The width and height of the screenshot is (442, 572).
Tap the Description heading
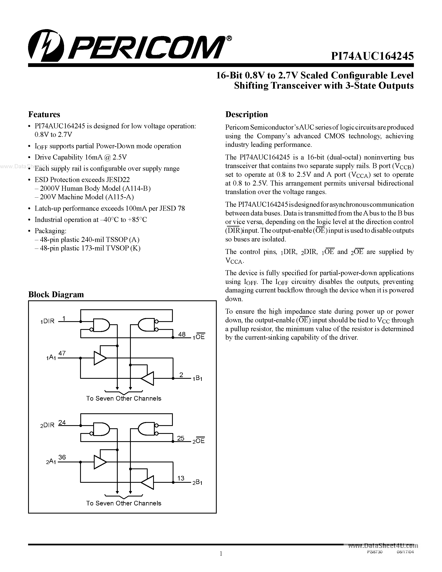pyautogui.click(x=246, y=114)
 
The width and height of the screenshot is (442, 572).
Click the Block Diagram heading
pyautogui.click(x=56, y=294)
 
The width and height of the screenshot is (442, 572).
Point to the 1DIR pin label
pyautogui.click(x=47, y=321)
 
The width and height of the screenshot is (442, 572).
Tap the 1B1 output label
pyautogui.click(x=197, y=378)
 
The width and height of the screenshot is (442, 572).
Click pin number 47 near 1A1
pyautogui.click(x=62, y=353)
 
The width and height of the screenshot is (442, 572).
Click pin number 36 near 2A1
pyautogui.click(x=62, y=457)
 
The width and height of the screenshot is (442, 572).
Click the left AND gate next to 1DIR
pyautogui.click(x=101, y=325)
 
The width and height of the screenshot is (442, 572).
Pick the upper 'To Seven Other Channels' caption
pyautogui.click(x=124, y=398)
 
